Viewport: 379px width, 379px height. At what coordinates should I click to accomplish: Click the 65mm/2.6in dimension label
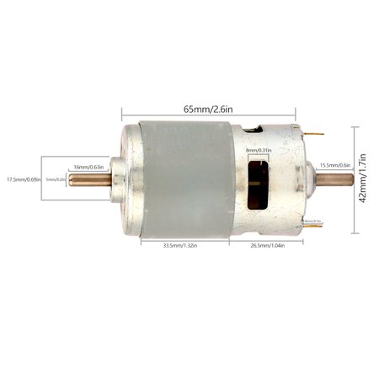pos(209,109)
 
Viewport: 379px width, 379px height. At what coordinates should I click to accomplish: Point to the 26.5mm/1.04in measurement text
pos(268,245)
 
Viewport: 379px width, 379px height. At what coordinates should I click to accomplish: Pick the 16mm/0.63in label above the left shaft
pos(88,167)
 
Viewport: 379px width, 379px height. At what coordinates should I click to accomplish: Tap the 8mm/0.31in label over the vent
pos(257,151)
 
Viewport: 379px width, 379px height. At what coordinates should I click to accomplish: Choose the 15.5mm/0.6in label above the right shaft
pos(335,165)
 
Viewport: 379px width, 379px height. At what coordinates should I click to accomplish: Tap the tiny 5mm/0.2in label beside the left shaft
pos(56,179)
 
